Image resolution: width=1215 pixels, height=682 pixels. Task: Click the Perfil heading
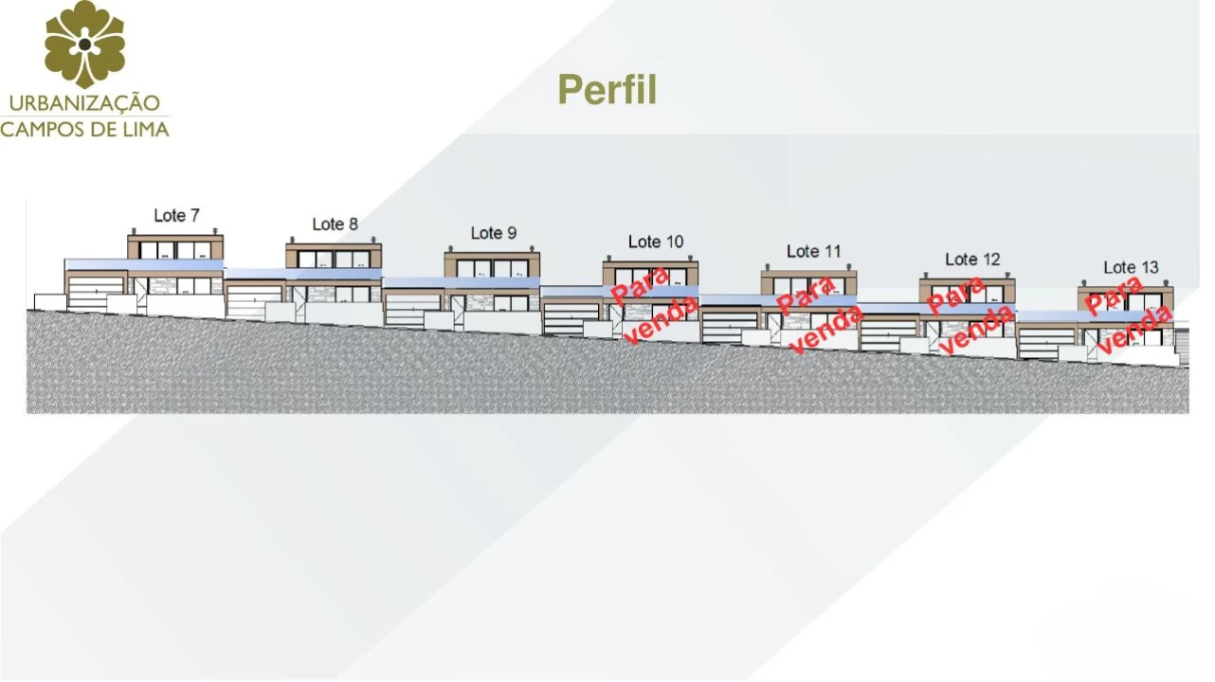pos(607,89)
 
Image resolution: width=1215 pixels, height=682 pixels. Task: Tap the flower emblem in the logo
pos(84,45)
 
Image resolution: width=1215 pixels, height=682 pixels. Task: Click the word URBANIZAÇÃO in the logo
pos(84,103)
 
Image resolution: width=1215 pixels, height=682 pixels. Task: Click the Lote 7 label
pos(176,216)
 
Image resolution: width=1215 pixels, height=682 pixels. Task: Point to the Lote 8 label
pos(335,224)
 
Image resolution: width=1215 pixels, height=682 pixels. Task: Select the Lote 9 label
pos(493,233)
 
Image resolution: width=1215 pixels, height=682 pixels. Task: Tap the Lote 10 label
pos(655,242)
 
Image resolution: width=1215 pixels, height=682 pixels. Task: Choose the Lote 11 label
pos(813,252)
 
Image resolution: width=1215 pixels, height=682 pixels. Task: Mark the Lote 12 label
pos(972,260)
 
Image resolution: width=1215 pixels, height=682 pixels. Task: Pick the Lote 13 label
pos(1131,268)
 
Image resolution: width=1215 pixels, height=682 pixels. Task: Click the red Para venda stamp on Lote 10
pos(654,306)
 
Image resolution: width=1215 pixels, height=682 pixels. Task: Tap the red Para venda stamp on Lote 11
pos(819,314)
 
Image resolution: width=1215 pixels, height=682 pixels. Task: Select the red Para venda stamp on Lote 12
pos(970,315)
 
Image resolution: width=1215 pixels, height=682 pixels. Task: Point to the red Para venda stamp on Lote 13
pos(1128,315)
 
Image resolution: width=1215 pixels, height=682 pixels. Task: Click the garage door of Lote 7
pos(96,294)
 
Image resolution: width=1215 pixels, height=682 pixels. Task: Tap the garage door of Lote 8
pos(253,302)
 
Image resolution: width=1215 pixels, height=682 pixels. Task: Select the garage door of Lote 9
pos(412,311)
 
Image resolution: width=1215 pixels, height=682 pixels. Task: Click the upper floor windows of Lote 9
pos(492,268)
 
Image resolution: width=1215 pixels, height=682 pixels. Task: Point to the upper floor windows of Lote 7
pos(175,250)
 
